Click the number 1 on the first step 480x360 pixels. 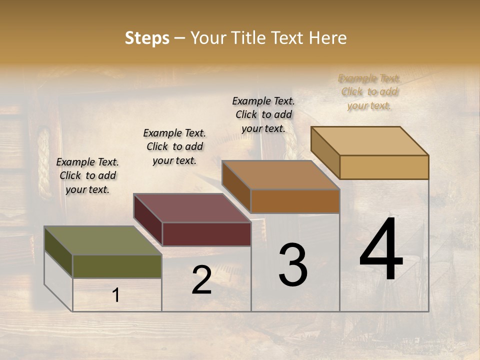116,295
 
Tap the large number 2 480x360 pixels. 201,280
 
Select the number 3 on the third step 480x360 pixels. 293,265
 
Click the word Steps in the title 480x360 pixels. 147,38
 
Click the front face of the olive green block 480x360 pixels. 117,266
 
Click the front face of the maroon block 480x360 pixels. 206,234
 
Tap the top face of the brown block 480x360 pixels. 280,175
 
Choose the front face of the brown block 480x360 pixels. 295,201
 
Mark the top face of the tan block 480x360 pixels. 369,141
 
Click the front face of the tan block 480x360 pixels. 384,167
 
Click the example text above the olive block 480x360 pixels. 87,175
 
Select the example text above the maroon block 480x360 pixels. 174,146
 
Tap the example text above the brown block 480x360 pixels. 263,114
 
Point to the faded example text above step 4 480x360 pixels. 369,91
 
